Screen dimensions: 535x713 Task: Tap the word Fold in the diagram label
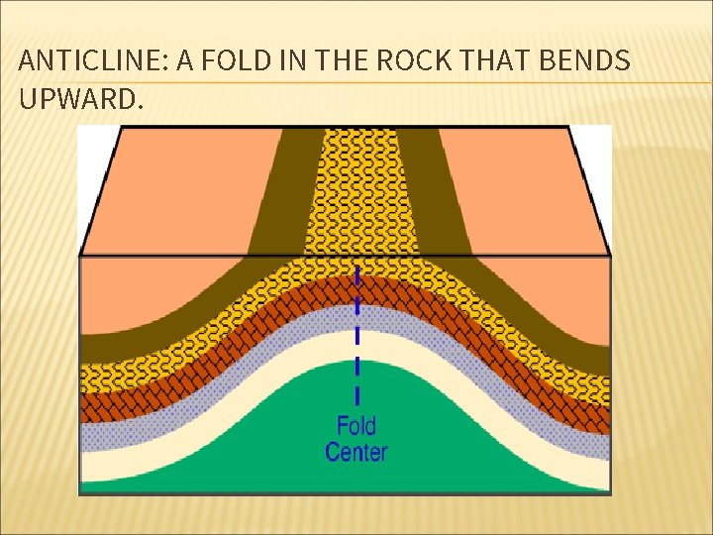point(356,427)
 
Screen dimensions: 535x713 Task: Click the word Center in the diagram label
point(356,454)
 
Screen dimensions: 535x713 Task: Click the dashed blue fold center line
point(357,327)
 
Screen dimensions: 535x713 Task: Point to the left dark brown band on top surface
point(287,188)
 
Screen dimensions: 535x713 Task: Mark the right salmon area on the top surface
point(525,188)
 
